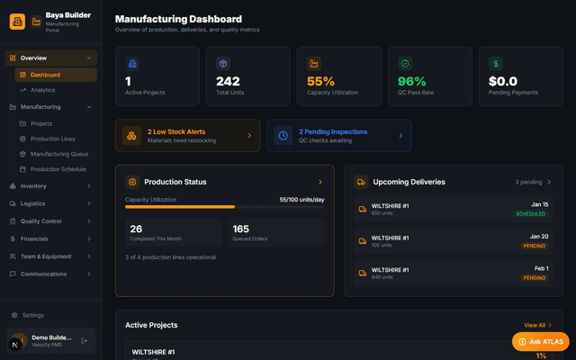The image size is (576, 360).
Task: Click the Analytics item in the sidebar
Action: click(42, 90)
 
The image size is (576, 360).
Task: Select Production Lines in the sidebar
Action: click(52, 139)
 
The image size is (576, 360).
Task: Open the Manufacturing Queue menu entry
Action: click(58, 154)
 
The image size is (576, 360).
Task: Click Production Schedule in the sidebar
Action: click(58, 169)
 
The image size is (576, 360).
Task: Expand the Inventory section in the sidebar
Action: click(33, 186)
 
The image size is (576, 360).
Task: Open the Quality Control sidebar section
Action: click(40, 220)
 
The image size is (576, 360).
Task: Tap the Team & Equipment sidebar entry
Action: click(47, 256)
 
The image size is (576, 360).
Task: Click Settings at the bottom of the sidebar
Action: click(32, 315)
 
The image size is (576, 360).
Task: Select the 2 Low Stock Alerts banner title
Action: click(176, 131)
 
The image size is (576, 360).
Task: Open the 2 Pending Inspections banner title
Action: click(333, 131)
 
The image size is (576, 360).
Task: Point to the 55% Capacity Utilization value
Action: click(320, 81)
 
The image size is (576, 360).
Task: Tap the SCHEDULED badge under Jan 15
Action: click(531, 214)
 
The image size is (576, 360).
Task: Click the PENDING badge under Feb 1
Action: click(535, 278)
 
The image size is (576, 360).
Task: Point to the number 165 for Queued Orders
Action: click(241, 229)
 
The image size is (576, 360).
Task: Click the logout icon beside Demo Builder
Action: click(84, 341)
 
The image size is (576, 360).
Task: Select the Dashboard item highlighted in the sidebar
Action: click(45, 75)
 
